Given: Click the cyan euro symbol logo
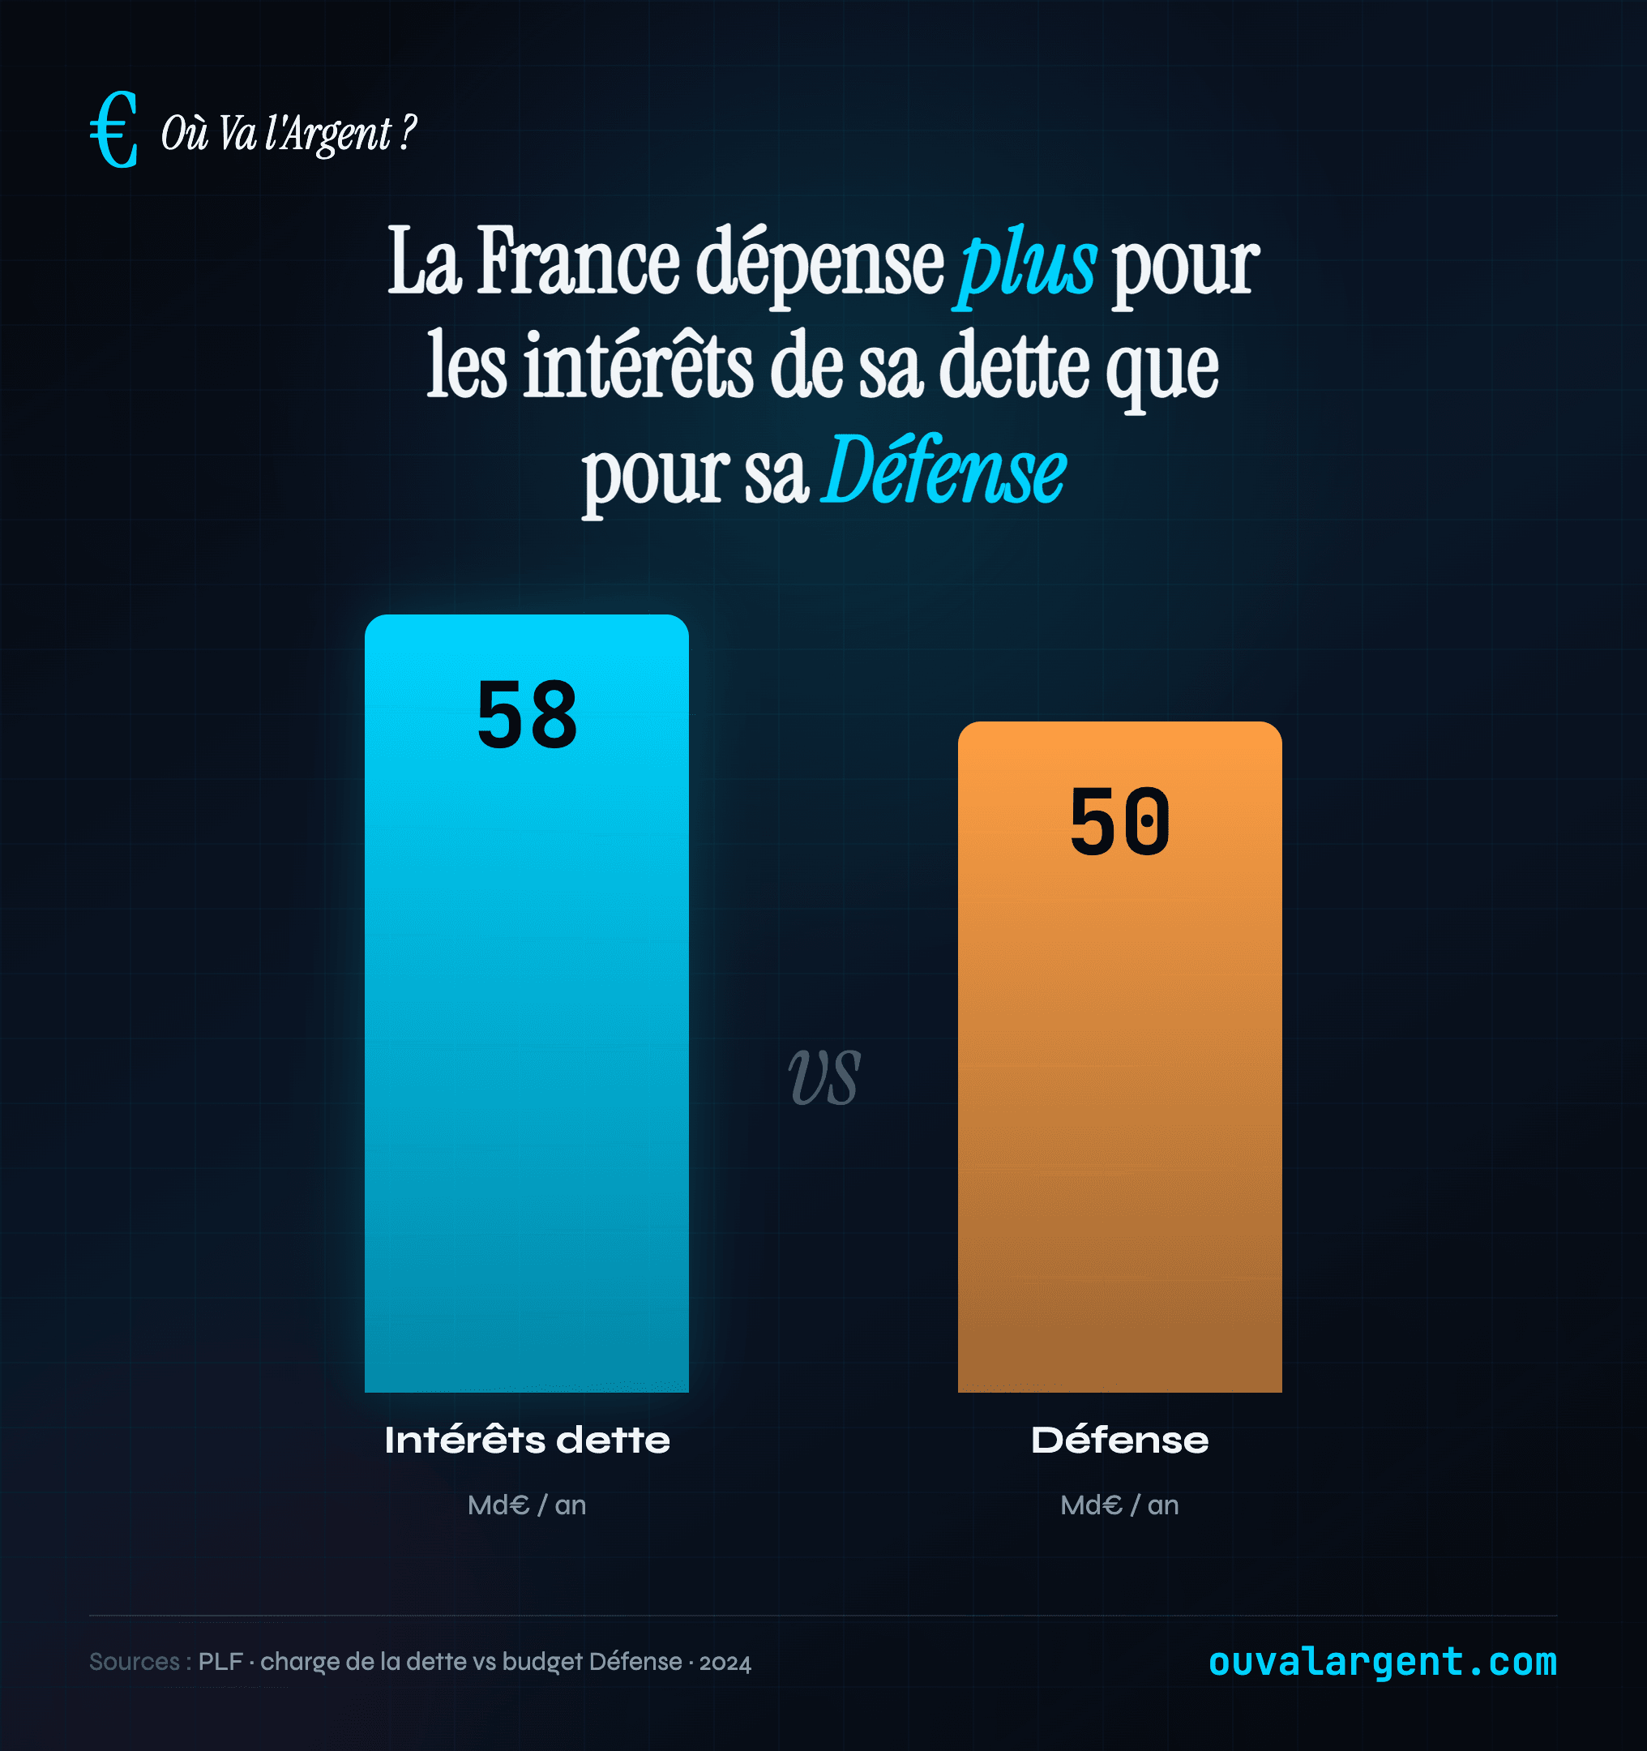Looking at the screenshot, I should pyautogui.click(x=114, y=131).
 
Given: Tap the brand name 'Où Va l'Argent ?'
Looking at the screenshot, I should pyautogui.click(x=288, y=134).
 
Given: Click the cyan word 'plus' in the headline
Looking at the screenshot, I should pyautogui.click(x=1026, y=263).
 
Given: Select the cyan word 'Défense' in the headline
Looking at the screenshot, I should pyautogui.click(x=943, y=472).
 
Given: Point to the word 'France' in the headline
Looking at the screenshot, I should pyautogui.click(x=578, y=262).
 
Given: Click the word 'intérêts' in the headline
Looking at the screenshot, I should pyautogui.click(x=638, y=366).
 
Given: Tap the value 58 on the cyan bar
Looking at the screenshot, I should pyautogui.click(x=527, y=715).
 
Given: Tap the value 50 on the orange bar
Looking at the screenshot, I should pyautogui.click(x=1119, y=822).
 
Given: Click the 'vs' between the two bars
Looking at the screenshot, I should pyautogui.click(x=823, y=1077).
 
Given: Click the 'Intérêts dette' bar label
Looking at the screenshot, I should pyautogui.click(x=527, y=1440).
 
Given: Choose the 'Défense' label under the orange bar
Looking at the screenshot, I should pyautogui.click(x=1119, y=1440).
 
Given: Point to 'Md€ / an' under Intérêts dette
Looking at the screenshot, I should pyautogui.click(x=527, y=1505).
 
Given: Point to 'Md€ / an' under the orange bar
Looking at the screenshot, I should pyautogui.click(x=1119, y=1505).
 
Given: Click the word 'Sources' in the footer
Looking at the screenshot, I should pyautogui.click(x=134, y=1661).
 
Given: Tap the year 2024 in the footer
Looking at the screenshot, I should pyautogui.click(x=725, y=1663).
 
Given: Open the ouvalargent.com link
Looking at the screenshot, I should pyautogui.click(x=1382, y=1661).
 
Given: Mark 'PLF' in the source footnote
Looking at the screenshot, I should pyautogui.click(x=220, y=1661).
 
